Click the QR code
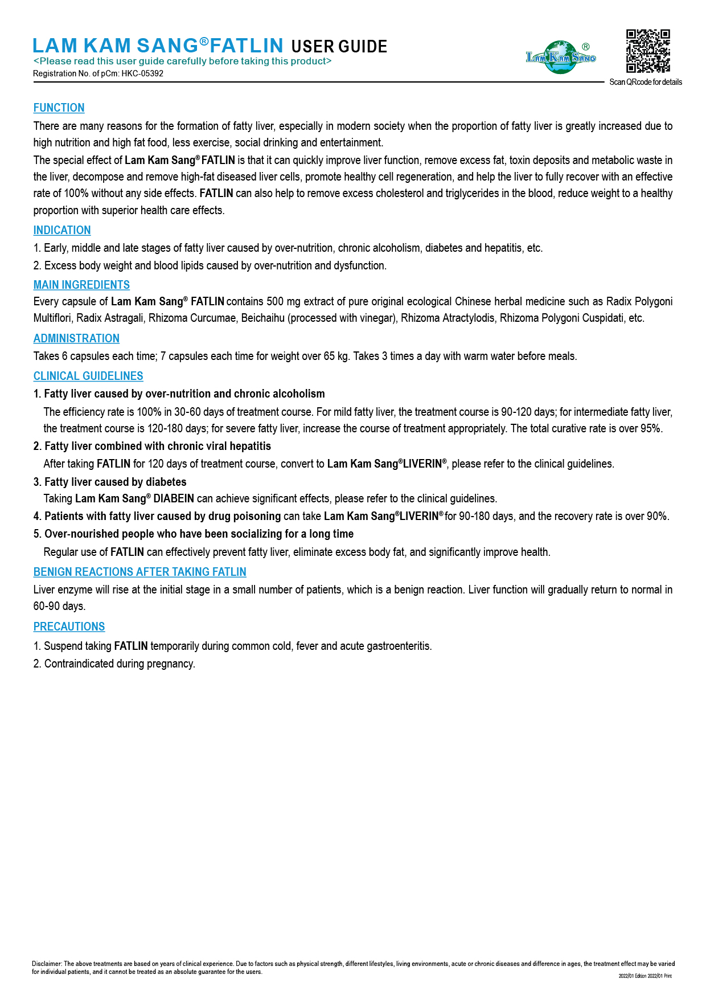(x=648, y=51)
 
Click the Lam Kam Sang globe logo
(x=561, y=57)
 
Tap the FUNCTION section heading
(x=59, y=108)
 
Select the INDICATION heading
(x=62, y=231)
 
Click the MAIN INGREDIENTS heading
(x=81, y=285)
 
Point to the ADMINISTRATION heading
(x=76, y=339)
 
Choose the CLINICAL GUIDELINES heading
(x=88, y=376)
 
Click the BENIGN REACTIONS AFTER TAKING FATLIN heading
(x=139, y=572)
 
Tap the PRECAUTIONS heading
(x=69, y=627)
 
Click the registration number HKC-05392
(x=142, y=73)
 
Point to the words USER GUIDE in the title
(x=339, y=47)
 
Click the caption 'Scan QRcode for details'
(x=646, y=83)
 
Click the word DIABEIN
(x=174, y=499)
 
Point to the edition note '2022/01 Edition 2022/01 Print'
(x=645, y=976)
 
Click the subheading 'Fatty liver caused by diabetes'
(x=115, y=482)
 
